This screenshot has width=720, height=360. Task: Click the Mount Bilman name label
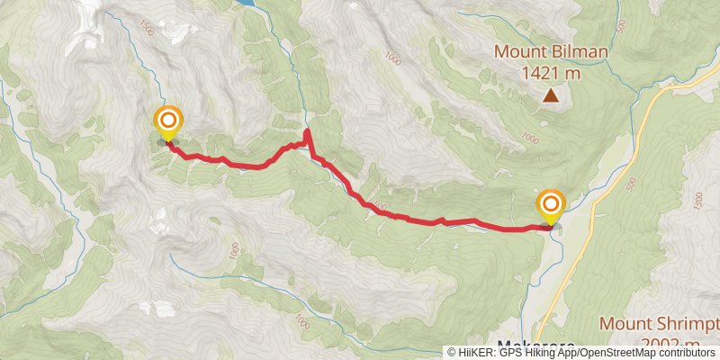point(551,52)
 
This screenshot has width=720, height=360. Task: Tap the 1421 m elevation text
point(551,72)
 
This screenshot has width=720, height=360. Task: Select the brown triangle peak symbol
point(550,94)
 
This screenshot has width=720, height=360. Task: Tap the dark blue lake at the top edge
point(255,4)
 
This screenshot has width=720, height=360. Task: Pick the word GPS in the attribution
point(512,353)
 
